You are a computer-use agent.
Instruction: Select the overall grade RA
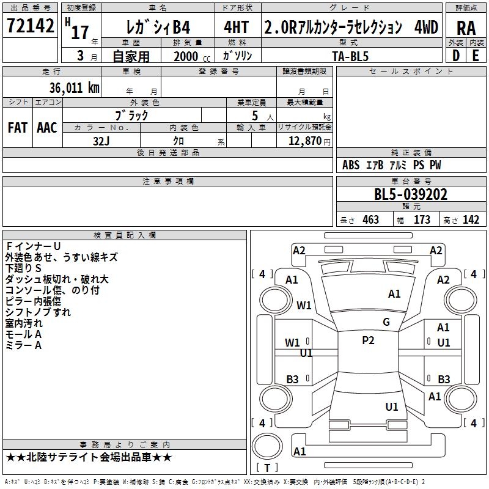click(466, 28)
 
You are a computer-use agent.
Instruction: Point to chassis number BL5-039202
click(411, 195)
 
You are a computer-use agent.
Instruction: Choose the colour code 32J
click(101, 140)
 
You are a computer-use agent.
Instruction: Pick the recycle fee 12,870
click(304, 141)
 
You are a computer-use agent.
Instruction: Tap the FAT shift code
click(17, 128)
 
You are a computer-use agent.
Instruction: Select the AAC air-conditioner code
click(46, 128)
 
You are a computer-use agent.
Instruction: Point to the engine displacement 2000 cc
click(190, 56)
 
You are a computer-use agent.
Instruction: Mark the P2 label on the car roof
click(368, 340)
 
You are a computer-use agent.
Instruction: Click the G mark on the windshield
click(386, 322)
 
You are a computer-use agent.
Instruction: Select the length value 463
click(370, 220)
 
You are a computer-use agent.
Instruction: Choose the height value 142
click(471, 220)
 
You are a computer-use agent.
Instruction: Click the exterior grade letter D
click(455, 56)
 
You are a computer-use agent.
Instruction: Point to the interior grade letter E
click(476, 56)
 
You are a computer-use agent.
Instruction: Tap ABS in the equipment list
click(351, 165)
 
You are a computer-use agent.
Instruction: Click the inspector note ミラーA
click(23, 345)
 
